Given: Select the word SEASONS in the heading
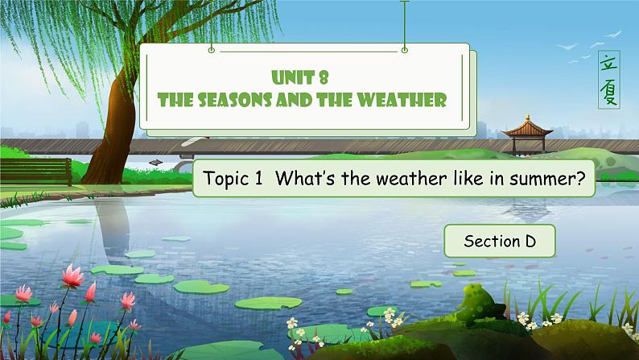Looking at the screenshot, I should [x=231, y=101].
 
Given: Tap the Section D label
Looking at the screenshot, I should [x=499, y=239].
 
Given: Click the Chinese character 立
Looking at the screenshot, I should [x=610, y=62].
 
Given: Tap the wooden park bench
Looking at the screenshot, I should [x=35, y=169].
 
